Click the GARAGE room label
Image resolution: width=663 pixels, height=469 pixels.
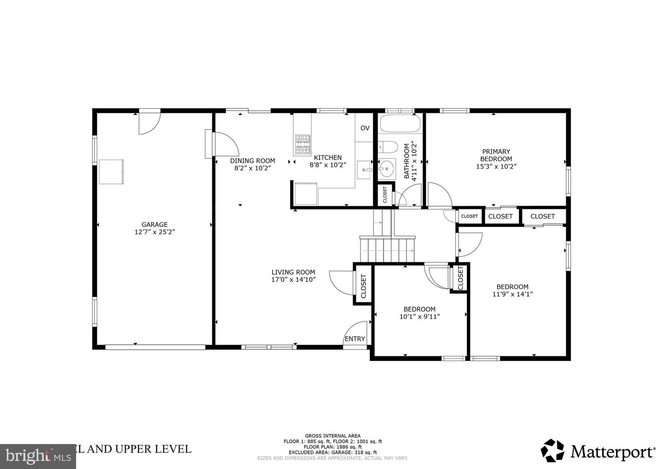click(154, 225)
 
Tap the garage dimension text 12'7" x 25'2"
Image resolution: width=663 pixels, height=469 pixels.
click(154, 232)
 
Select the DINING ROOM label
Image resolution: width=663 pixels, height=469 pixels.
click(252, 161)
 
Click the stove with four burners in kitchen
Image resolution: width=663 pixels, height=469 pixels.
click(302, 144)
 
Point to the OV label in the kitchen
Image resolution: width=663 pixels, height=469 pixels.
click(365, 128)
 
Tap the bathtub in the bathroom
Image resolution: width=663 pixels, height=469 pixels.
click(400, 123)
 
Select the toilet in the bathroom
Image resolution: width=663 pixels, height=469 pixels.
click(387, 147)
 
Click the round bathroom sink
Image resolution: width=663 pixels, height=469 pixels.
click(386, 169)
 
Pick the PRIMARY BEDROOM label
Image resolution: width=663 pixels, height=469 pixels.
click(496, 155)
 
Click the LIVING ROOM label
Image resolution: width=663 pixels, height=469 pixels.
click(293, 272)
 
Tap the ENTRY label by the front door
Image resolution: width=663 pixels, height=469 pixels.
click(355, 339)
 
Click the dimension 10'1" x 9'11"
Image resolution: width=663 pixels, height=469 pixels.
click(419, 317)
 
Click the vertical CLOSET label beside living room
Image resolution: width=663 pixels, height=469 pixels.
click(363, 286)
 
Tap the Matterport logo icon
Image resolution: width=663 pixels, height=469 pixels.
click(552, 450)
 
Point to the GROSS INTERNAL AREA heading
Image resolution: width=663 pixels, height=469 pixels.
click(332, 436)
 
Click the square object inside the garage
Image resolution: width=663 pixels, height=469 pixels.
click(111, 172)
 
